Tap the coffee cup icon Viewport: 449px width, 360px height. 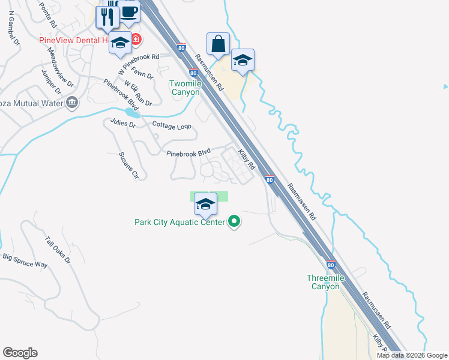(x=128, y=12)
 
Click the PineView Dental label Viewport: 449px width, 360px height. (x=73, y=41)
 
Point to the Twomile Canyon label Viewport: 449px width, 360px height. (x=185, y=88)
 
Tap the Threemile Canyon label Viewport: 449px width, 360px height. (x=322, y=282)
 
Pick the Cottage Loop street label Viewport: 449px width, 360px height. (x=172, y=127)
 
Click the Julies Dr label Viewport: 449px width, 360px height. (x=123, y=123)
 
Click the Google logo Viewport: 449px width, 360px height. (x=20, y=353)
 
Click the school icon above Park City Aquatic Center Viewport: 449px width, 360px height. (x=205, y=205)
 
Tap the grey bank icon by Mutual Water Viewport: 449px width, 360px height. (x=73, y=103)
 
